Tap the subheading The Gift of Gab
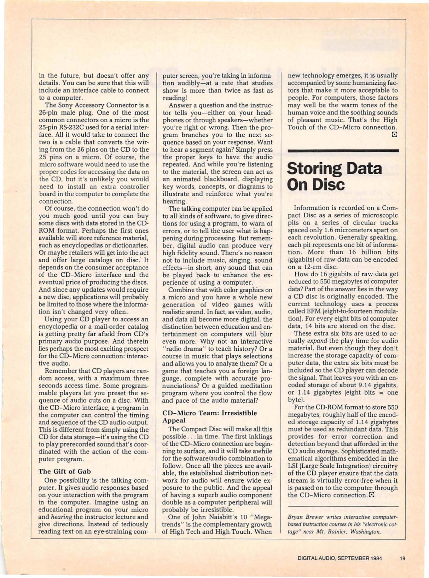click(x=65, y=471)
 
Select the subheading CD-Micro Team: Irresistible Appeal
click(x=209, y=416)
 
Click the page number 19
click(x=402, y=559)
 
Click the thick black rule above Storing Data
click(x=343, y=151)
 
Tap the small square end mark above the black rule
click(x=395, y=135)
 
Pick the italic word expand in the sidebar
click(x=317, y=341)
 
